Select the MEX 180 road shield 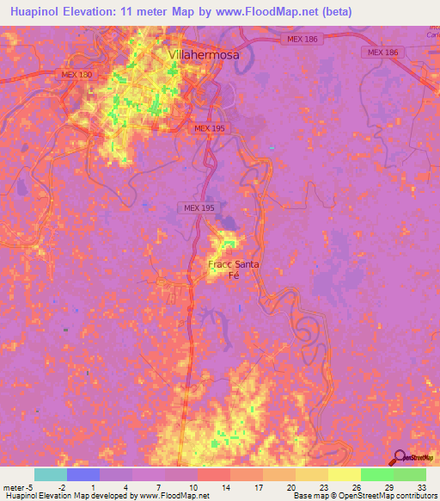[76, 75]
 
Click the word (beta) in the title [332, 11]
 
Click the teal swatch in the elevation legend [51, 474]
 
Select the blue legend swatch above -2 [83, 474]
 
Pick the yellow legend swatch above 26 [344, 474]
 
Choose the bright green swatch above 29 [376, 474]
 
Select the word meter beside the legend [15, 487]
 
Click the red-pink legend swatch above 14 [214, 474]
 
